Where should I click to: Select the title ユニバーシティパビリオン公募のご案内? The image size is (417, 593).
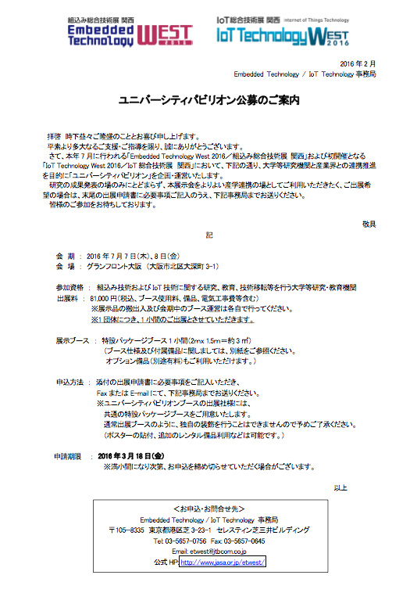click(209, 101)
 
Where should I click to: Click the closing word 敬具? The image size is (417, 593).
click(369, 224)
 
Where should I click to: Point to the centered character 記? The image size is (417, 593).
click(209, 235)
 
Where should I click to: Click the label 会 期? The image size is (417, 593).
click(66, 256)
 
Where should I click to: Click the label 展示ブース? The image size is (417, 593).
click(73, 341)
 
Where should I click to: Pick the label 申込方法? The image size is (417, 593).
click(70, 382)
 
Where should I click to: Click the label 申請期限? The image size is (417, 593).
click(68, 455)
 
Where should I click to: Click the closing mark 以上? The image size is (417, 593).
click(340, 488)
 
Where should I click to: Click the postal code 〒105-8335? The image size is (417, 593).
click(126, 530)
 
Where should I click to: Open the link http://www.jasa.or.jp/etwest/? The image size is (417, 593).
click(223, 562)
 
